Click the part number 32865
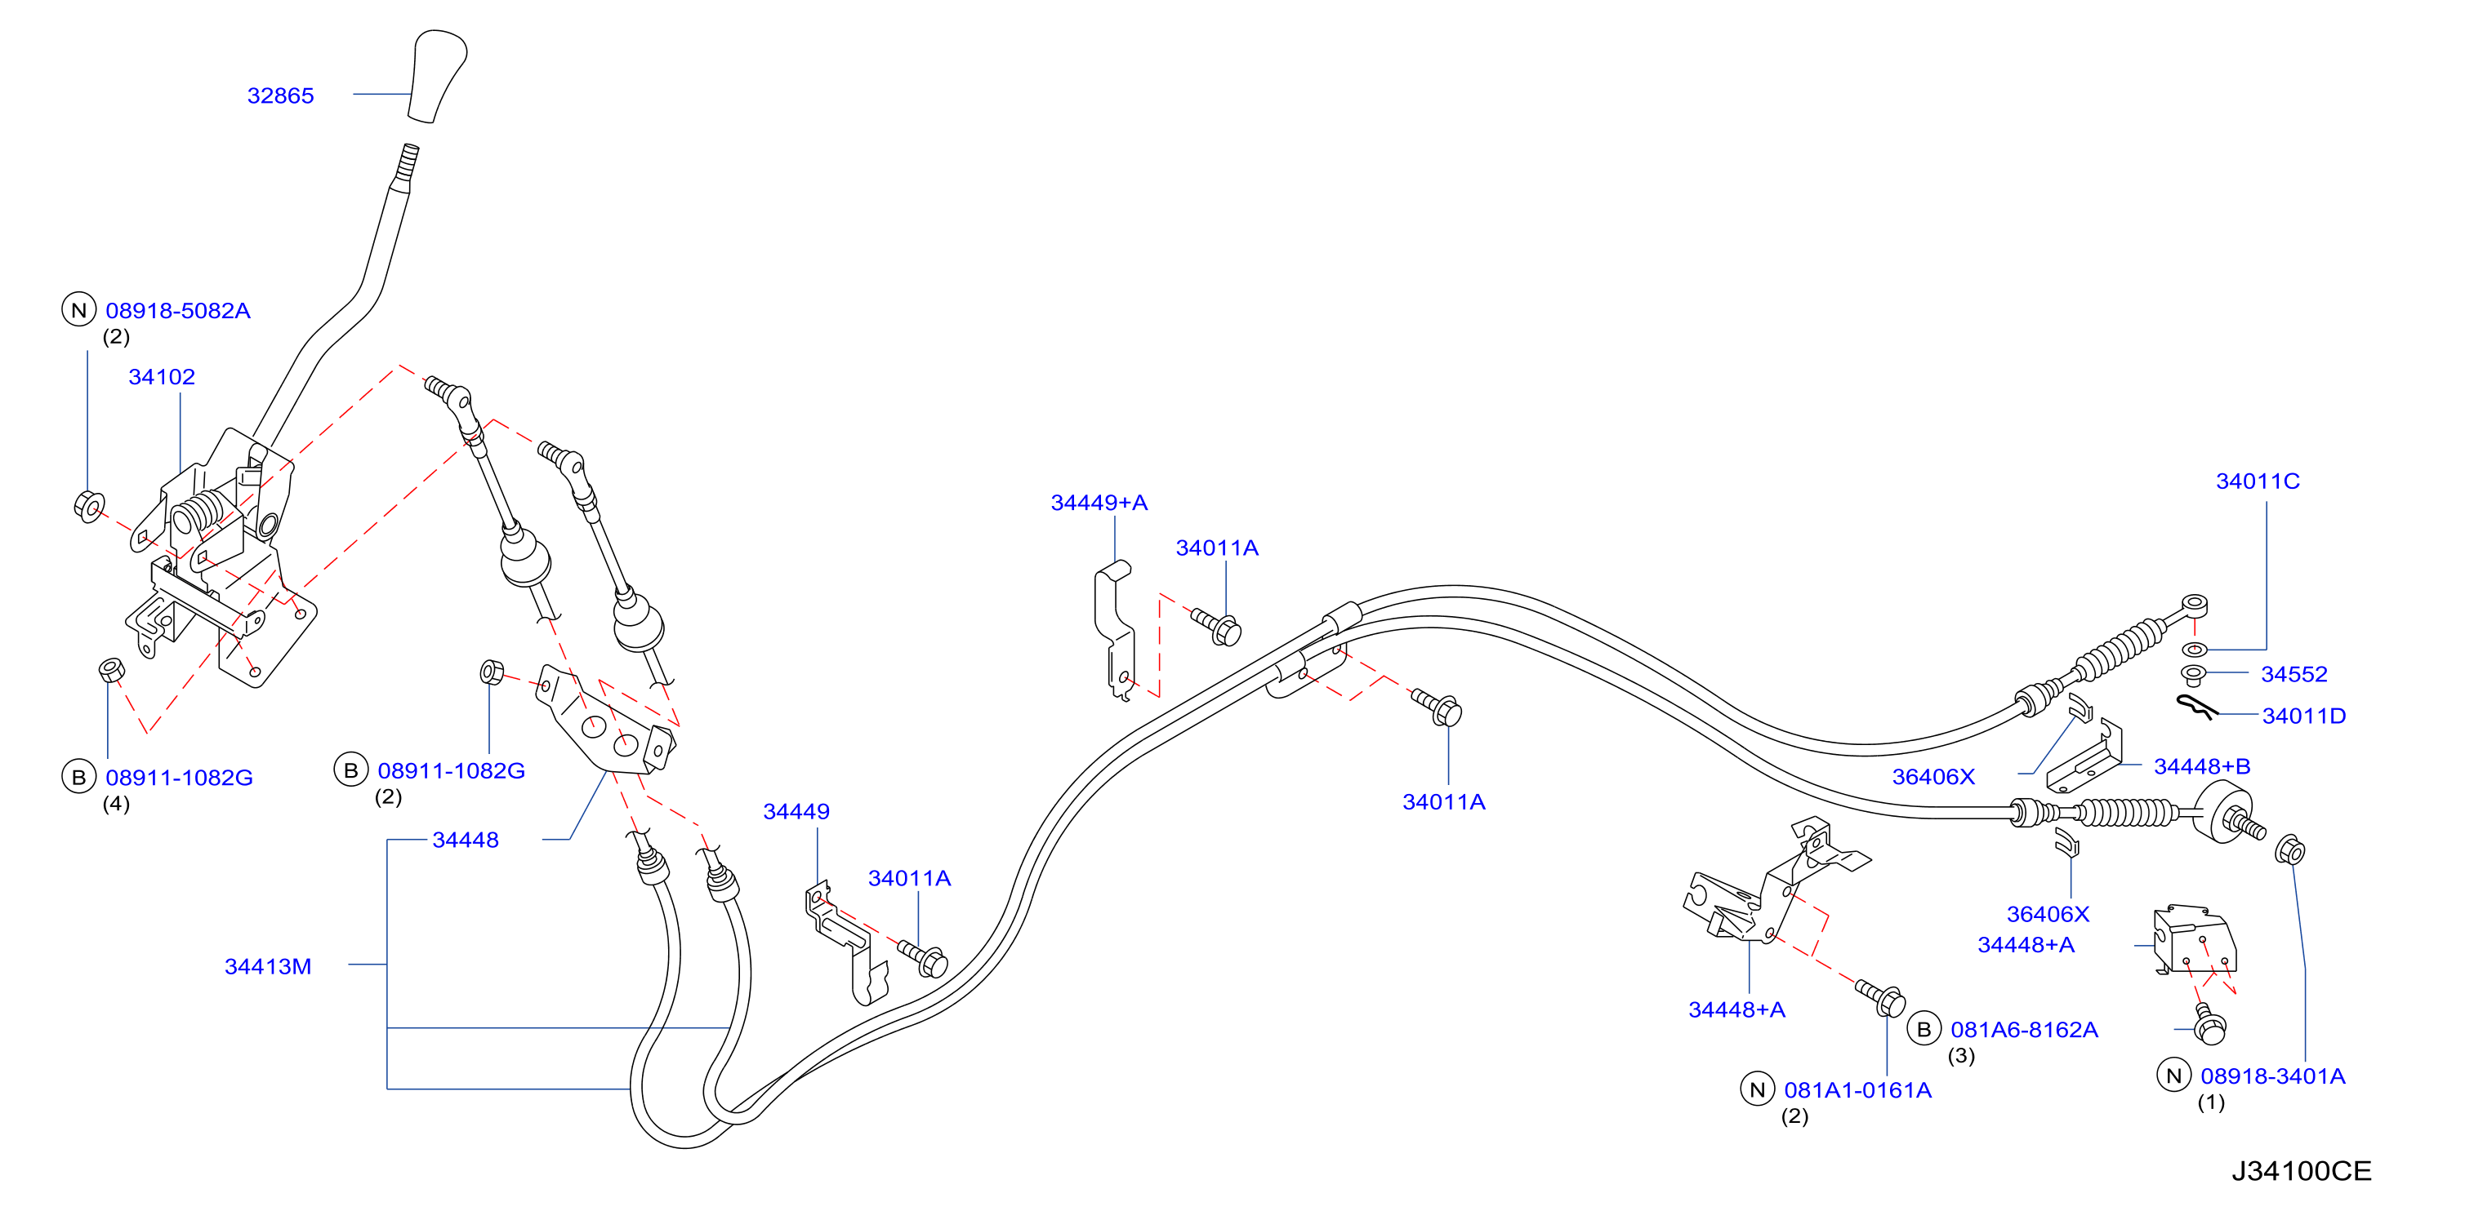(x=280, y=95)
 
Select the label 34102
(x=162, y=377)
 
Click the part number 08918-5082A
(x=178, y=310)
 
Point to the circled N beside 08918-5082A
(x=79, y=310)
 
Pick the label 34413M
(x=268, y=966)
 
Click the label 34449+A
(x=1099, y=502)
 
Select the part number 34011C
(x=2258, y=481)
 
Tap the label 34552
(x=2294, y=674)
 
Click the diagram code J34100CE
(x=2302, y=1170)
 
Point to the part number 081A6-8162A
(x=2024, y=1029)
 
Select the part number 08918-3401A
(x=2273, y=1076)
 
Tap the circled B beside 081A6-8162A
(x=1924, y=1029)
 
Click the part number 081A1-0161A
(x=1857, y=1089)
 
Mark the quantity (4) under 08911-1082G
(x=117, y=804)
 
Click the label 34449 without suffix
(x=796, y=811)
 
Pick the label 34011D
(x=2303, y=716)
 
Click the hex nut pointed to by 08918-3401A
(x=2290, y=850)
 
